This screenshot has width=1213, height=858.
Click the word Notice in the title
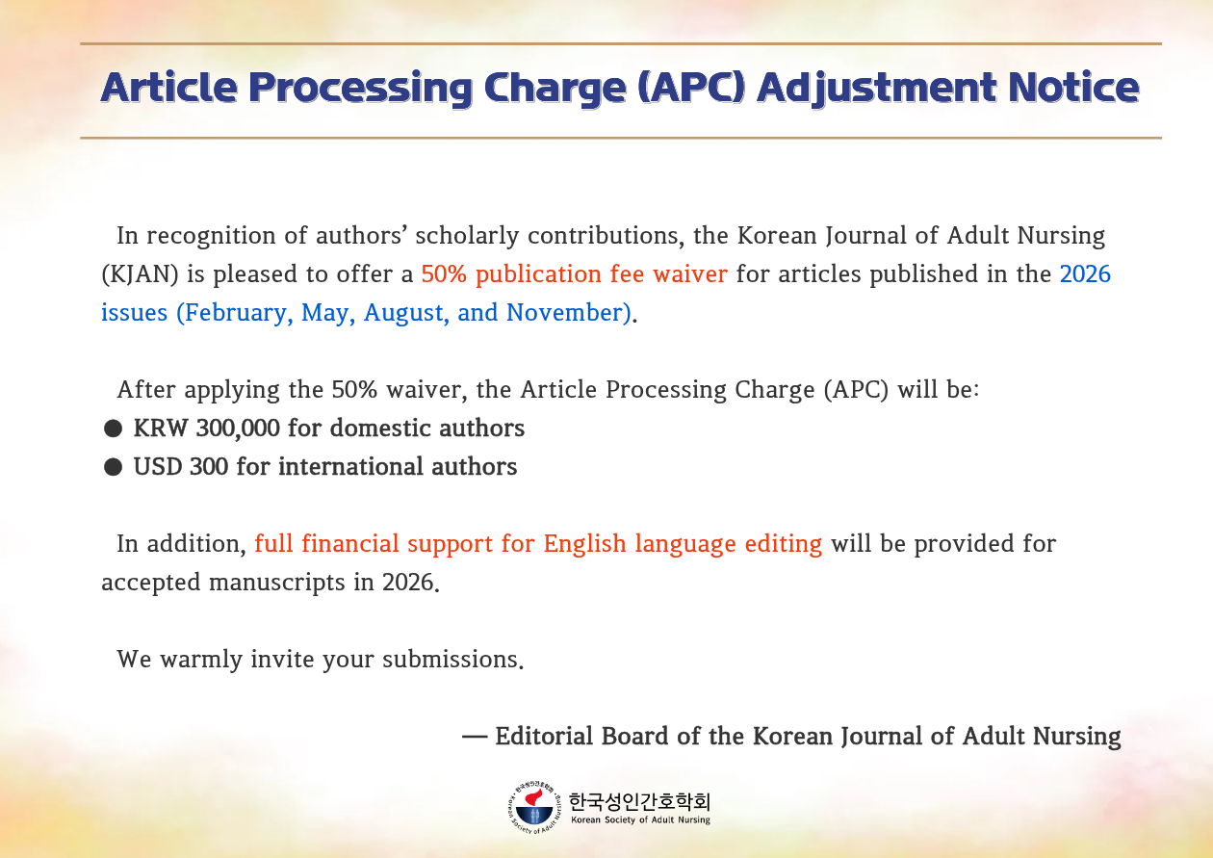[1073, 88]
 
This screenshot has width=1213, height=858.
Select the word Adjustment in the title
[877, 89]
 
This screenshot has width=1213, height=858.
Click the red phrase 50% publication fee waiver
[574, 274]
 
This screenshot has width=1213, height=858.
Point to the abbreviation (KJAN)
[140, 274]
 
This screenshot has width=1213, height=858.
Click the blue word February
[235, 313]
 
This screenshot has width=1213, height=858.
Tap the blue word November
[569, 313]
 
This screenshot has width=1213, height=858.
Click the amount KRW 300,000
[206, 428]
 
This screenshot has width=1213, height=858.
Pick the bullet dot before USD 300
[113, 467]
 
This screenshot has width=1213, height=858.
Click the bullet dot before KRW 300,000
[113, 429]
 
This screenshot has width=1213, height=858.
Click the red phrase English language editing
[683, 544]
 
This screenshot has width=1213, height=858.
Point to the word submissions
[452, 660]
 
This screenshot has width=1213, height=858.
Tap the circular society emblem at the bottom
[534, 808]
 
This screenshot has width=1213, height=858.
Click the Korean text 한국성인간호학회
[639, 801]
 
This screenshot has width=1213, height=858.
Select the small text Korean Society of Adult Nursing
[640, 820]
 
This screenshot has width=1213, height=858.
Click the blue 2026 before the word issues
[1085, 274]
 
